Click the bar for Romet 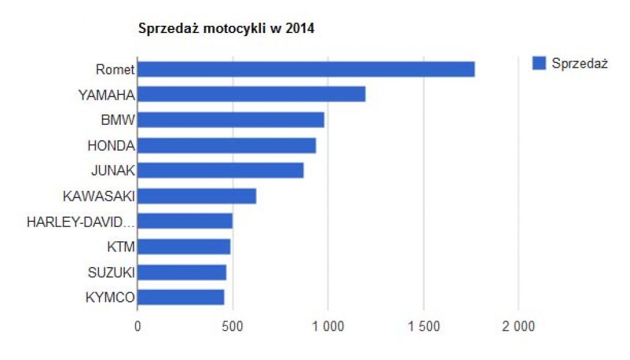tap(306, 69)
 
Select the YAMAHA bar tap(251, 94)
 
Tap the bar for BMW tap(231, 120)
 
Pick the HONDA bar tap(227, 145)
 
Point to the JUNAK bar tap(220, 170)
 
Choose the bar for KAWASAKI tap(197, 196)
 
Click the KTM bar tap(184, 247)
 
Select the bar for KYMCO tap(181, 298)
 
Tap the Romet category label tap(115, 70)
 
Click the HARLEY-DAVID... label tap(80, 222)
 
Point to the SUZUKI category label tap(110, 272)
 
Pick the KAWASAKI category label tap(98, 196)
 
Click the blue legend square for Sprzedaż tap(539, 63)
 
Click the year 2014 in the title tap(301, 29)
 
